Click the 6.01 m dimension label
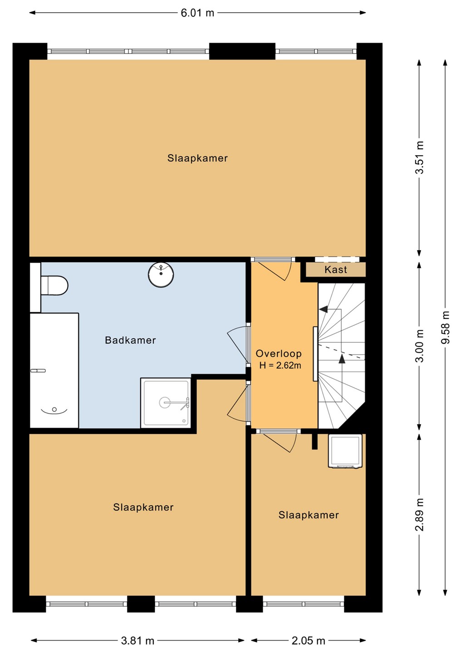(197, 13)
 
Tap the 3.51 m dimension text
(419, 157)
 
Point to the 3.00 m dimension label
(419, 346)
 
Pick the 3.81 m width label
(138, 640)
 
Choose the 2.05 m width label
(308, 640)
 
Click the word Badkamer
(130, 340)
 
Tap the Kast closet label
(336, 270)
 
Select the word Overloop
(279, 354)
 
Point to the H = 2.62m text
(280, 365)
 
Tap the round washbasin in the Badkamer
(161, 274)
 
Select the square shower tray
(165, 403)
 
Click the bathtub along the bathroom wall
(54, 370)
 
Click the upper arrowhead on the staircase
(323, 309)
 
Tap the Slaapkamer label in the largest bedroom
(197, 158)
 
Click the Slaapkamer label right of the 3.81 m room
(309, 515)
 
